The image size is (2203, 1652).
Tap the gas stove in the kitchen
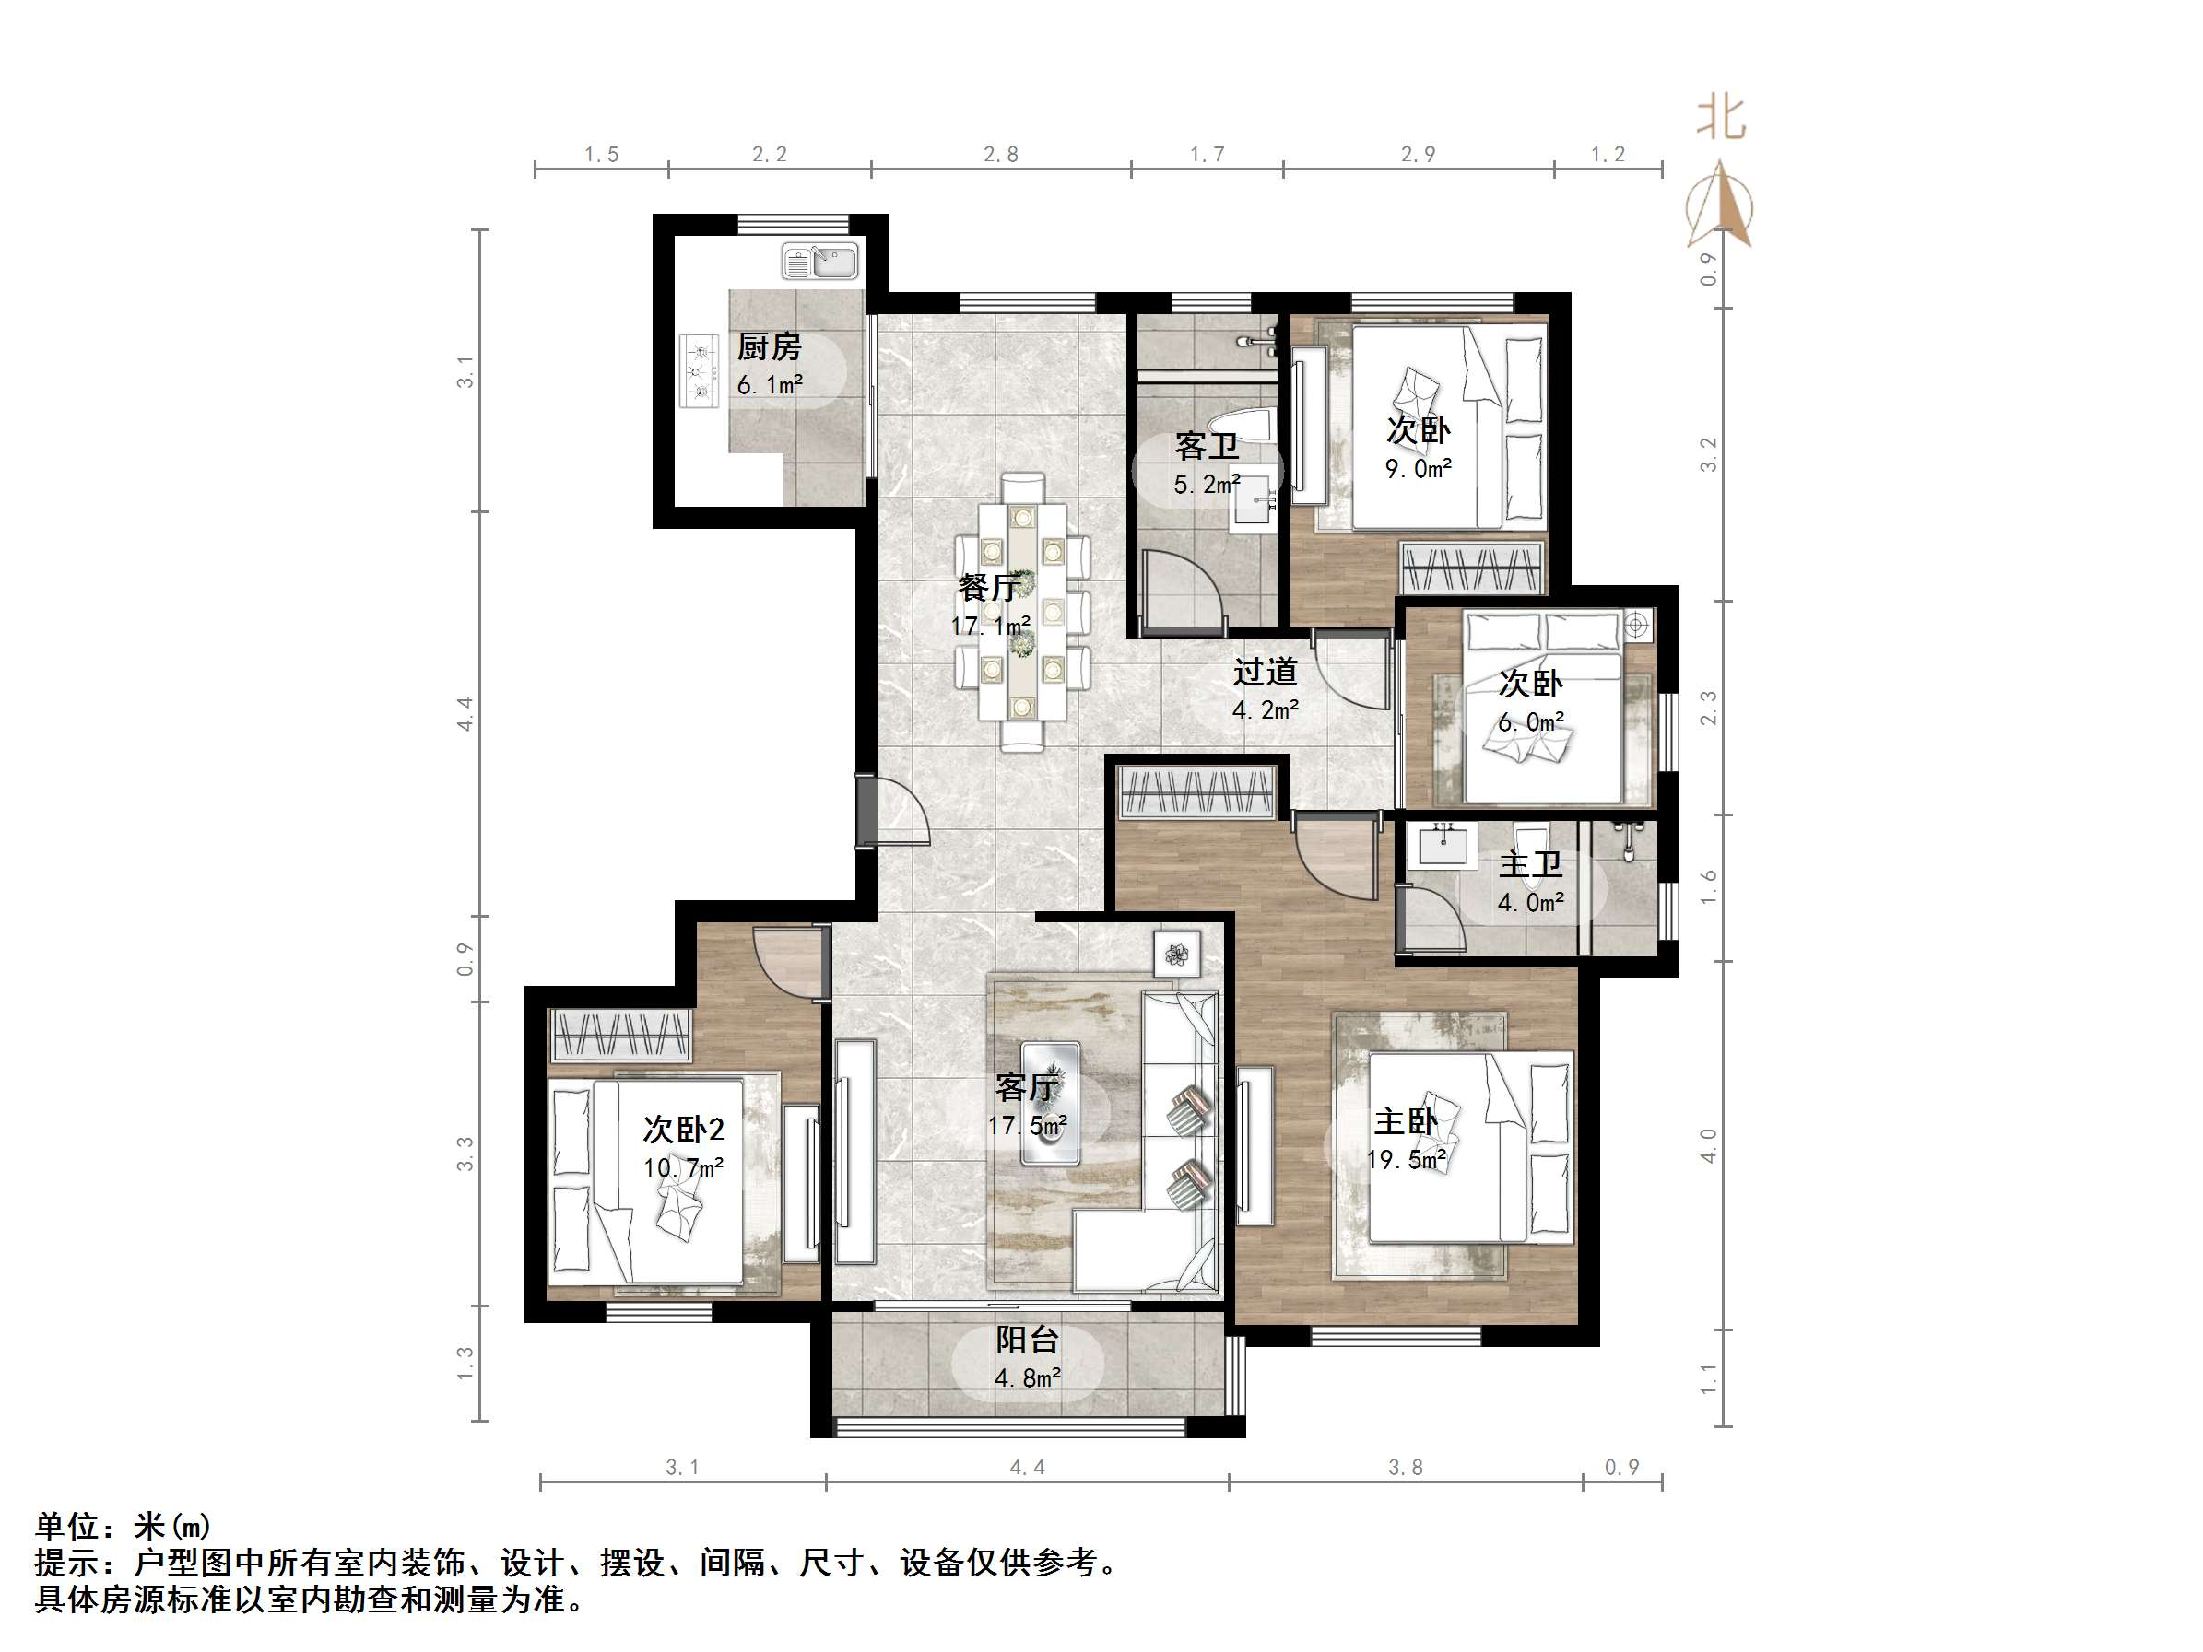point(699,370)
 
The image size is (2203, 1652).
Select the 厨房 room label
point(769,347)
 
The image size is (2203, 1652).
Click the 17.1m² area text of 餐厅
point(990,627)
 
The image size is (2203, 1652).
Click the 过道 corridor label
point(1265,673)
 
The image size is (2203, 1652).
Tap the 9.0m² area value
point(1419,468)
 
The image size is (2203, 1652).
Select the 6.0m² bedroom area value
point(1531,722)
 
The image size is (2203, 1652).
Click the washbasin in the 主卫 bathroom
point(1444,847)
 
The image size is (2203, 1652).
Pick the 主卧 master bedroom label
point(1406,1122)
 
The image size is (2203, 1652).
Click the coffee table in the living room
point(1051,1102)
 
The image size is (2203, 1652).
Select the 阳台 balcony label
point(1027,1341)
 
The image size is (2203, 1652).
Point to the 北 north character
point(1720,119)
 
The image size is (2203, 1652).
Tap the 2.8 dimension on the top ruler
point(1001,155)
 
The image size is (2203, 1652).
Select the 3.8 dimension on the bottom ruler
point(1406,1468)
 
